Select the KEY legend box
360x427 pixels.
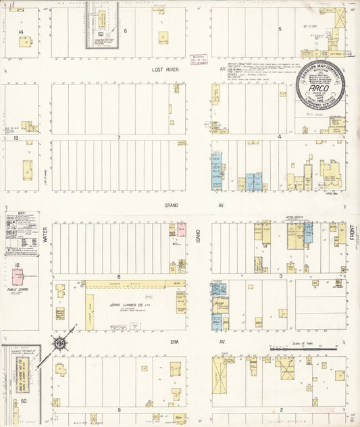[22, 233]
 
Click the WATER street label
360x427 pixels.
[45, 235]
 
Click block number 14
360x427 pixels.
[21, 32]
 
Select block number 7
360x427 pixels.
[118, 138]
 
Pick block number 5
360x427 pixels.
[280, 29]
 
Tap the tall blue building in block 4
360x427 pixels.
[216, 170]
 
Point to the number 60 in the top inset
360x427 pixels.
[101, 33]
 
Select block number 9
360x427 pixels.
[118, 409]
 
